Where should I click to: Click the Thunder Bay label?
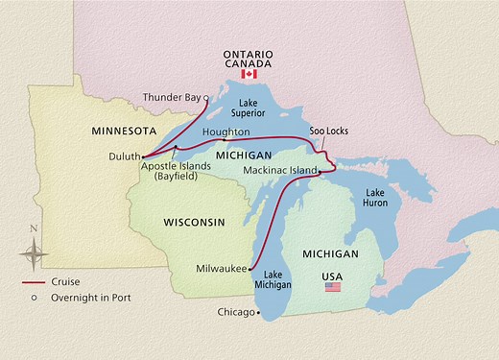point(172,97)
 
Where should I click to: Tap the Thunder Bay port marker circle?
point(206,97)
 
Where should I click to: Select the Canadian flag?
point(249,73)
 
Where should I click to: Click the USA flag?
point(333,286)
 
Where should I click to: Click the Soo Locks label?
point(326,132)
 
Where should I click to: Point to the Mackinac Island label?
point(278,171)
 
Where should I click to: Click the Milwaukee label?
point(220,268)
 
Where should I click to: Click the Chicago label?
point(235,312)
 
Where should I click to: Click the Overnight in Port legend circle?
point(35,298)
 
